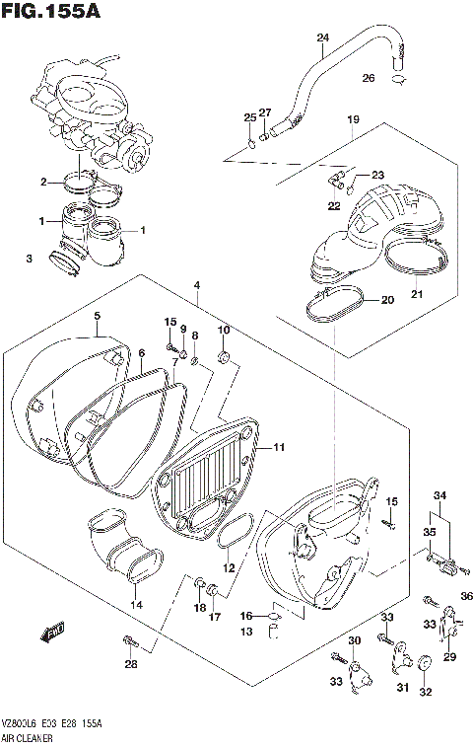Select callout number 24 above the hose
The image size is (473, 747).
tap(322, 38)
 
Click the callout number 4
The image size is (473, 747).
tap(197, 286)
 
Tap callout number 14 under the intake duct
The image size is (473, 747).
tap(136, 604)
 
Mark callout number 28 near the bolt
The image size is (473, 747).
tap(130, 663)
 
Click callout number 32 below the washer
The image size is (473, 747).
tap(426, 692)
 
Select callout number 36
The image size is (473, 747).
tap(467, 595)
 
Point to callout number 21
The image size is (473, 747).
tap(416, 293)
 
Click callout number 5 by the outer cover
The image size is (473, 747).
tap(97, 316)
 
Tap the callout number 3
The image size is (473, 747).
tap(30, 259)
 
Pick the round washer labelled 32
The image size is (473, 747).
tap(426, 664)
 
